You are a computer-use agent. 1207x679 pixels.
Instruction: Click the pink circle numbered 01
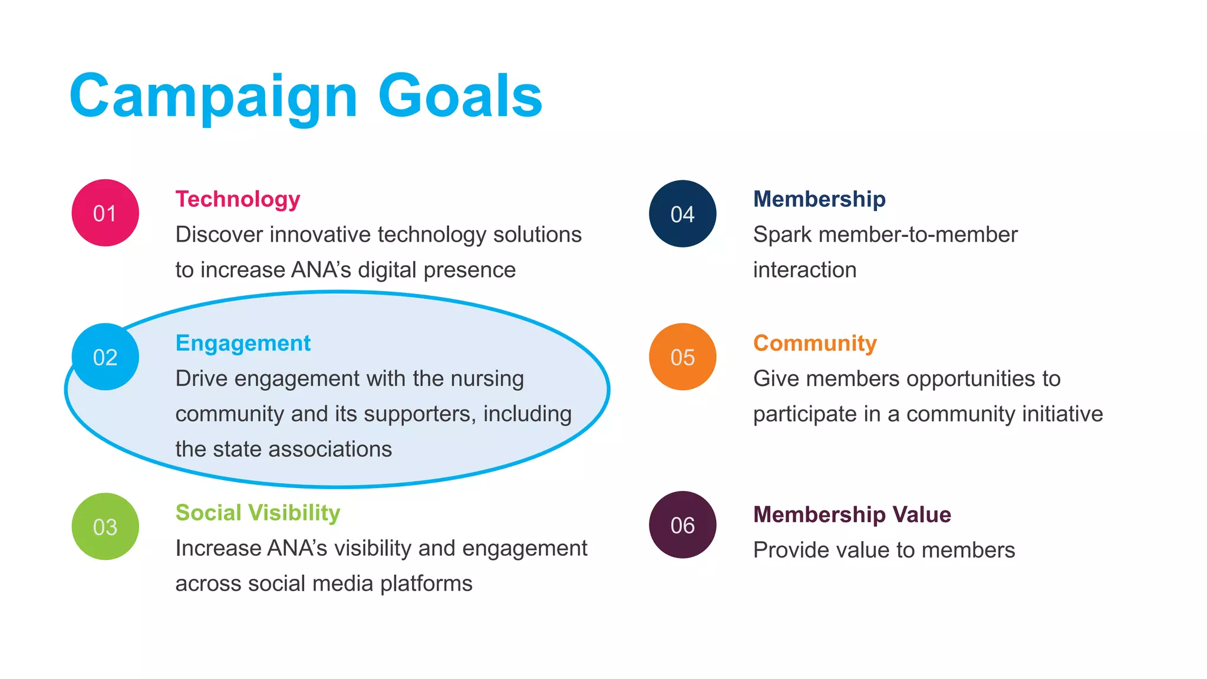click(x=105, y=213)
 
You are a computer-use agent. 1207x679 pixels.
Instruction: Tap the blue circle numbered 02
click(x=105, y=357)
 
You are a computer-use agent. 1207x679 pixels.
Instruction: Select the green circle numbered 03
click(x=105, y=526)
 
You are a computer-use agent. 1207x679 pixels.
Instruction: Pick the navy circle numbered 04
click(x=682, y=213)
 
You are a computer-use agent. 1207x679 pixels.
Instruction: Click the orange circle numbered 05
click(x=682, y=357)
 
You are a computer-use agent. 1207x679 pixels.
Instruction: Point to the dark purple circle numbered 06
click(x=682, y=525)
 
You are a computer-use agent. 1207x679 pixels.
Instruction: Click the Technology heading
click(x=238, y=199)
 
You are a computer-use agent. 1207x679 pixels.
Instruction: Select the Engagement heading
click(x=243, y=343)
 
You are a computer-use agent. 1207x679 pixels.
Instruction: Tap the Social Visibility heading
click(x=258, y=513)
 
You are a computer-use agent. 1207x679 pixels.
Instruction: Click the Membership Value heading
click(x=852, y=515)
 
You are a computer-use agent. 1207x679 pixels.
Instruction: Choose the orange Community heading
click(x=814, y=343)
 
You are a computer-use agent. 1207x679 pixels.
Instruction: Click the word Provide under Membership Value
click(x=790, y=550)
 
